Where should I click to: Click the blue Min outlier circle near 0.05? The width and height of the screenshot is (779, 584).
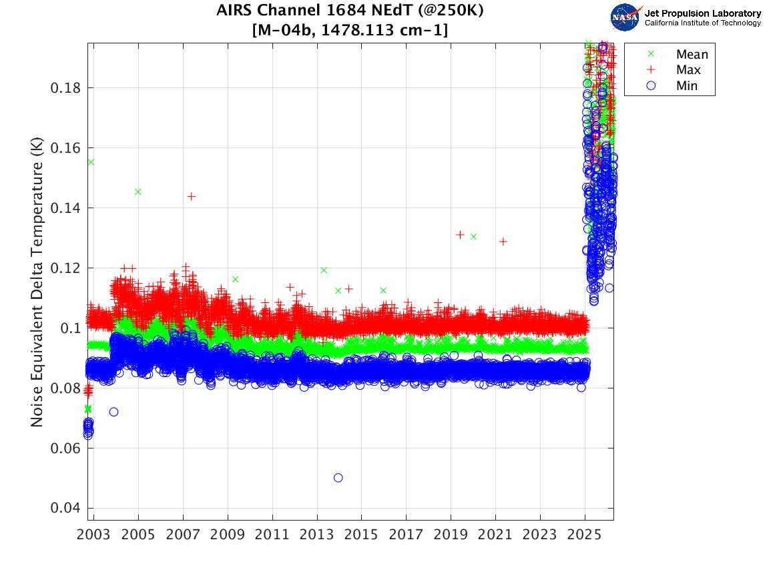click(x=338, y=478)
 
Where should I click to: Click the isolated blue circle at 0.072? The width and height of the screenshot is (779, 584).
click(x=113, y=412)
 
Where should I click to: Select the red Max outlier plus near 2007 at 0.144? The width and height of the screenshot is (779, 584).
click(x=192, y=196)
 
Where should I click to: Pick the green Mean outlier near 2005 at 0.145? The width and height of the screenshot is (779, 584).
click(x=138, y=192)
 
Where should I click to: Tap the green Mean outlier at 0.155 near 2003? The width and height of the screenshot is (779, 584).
click(x=91, y=162)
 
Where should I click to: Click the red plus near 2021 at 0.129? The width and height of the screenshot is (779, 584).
click(x=503, y=242)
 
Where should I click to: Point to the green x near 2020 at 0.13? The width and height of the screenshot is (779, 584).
click(x=473, y=236)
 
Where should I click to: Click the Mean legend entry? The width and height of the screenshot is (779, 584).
click(x=691, y=55)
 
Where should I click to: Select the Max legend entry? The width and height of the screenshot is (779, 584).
click(x=688, y=70)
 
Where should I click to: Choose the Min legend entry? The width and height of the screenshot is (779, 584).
click(x=686, y=85)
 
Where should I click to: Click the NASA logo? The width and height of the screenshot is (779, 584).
click(x=625, y=17)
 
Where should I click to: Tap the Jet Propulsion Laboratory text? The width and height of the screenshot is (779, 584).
click(x=702, y=13)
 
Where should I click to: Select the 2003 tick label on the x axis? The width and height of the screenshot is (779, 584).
click(x=94, y=535)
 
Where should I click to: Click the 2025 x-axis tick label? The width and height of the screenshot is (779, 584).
click(x=585, y=535)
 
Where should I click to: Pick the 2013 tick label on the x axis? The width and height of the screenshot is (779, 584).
click(x=317, y=535)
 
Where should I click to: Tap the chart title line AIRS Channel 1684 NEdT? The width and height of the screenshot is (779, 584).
click(x=350, y=11)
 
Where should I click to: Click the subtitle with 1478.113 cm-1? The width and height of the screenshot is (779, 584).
click(x=350, y=29)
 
